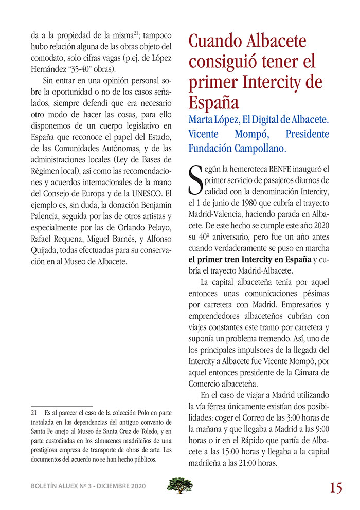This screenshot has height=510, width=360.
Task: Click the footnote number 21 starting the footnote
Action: tap(34, 412)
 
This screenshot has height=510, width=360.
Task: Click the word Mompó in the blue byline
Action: tap(251, 134)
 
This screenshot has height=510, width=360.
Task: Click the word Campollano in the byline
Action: tap(257, 148)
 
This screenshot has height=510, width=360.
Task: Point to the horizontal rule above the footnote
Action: tap(61, 406)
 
